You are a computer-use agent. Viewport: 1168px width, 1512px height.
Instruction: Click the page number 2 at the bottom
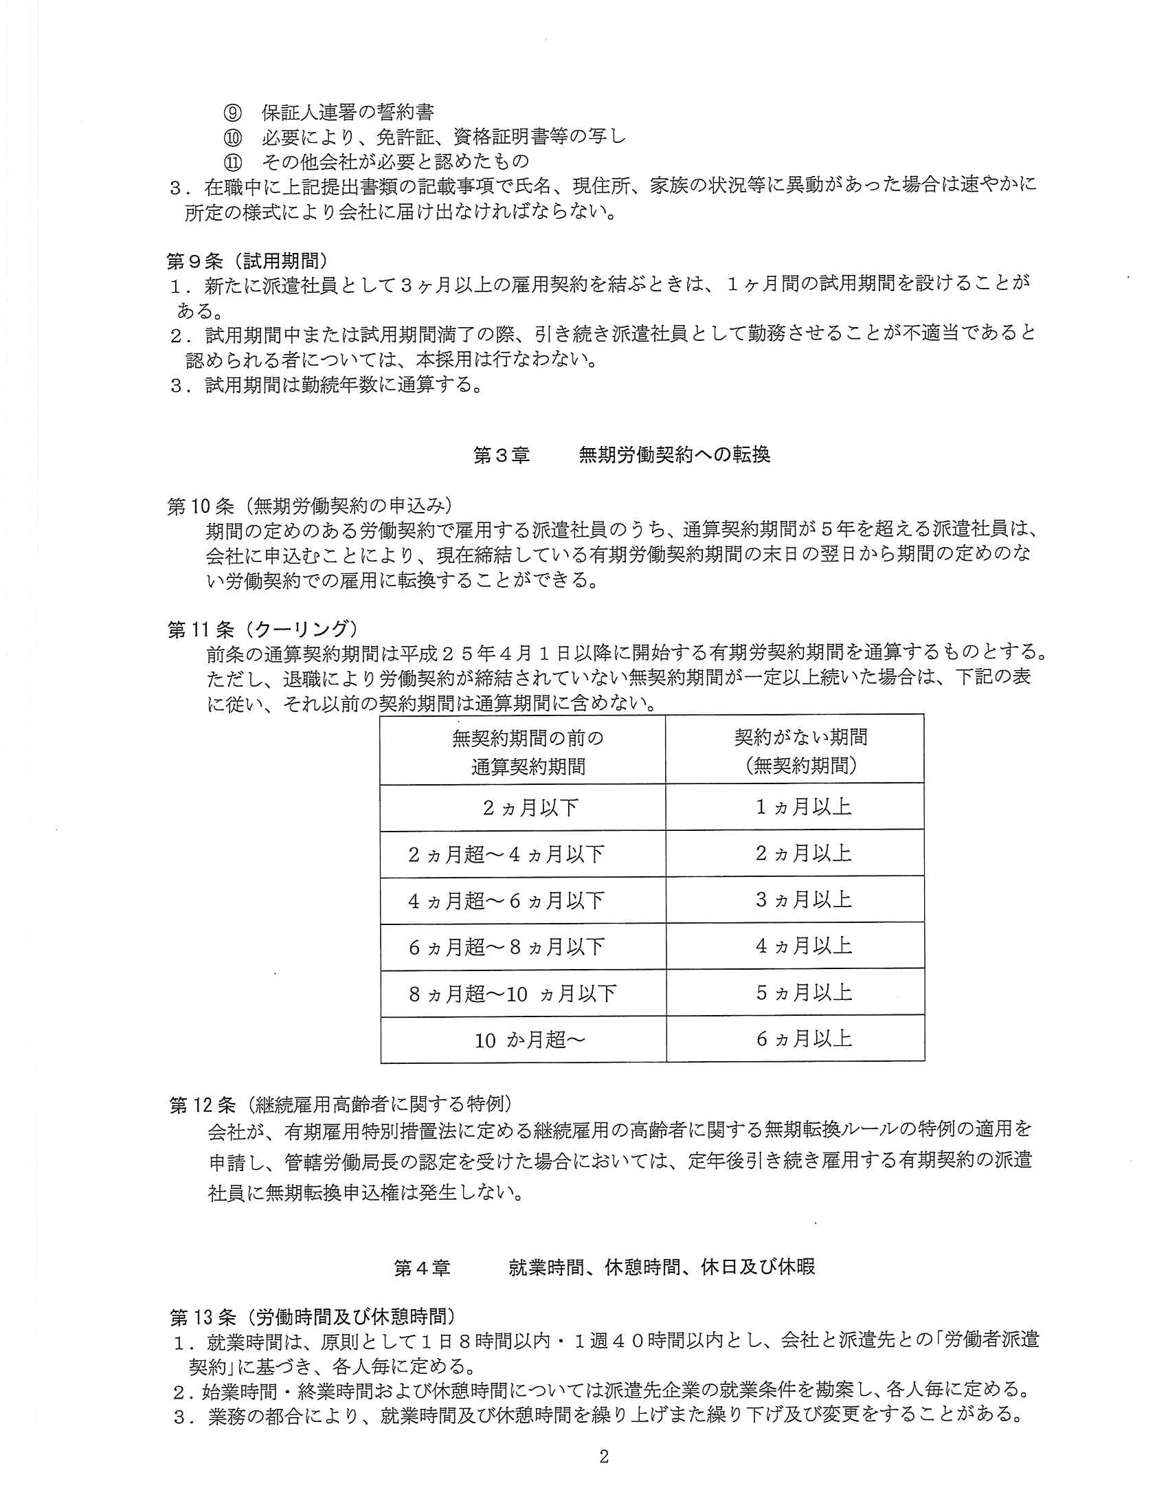coord(603,1456)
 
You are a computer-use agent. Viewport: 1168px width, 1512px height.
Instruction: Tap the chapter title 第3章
coord(502,455)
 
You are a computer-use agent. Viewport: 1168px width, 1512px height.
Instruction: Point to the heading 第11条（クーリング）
coord(263,629)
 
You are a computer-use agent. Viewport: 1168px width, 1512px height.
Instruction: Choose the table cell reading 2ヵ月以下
coord(530,808)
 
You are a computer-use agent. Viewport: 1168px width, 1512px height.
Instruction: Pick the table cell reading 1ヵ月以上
coord(802,808)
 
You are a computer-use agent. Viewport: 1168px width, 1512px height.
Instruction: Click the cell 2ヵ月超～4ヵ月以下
coord(506,854)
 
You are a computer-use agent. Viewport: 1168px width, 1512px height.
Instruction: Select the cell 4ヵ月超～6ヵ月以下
coord(506,901)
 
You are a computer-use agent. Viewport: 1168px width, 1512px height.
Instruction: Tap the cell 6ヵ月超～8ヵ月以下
coord(506,947)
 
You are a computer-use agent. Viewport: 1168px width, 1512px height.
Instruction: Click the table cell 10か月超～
coord(530,1040)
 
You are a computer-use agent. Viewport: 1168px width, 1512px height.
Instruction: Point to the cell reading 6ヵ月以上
coord(803,1038)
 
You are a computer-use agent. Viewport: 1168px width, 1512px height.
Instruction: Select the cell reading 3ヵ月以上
coord(802,900)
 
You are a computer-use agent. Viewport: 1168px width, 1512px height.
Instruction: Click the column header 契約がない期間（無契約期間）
coord(801,751)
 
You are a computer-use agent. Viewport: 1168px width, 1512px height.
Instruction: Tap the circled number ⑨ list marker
coord(232,112)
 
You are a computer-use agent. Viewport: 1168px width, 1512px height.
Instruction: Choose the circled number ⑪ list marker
coord(232,162)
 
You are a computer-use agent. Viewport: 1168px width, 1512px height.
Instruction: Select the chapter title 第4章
coord(421,1267)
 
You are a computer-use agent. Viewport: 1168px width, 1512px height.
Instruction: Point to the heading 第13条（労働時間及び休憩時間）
coord(313,1315)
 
